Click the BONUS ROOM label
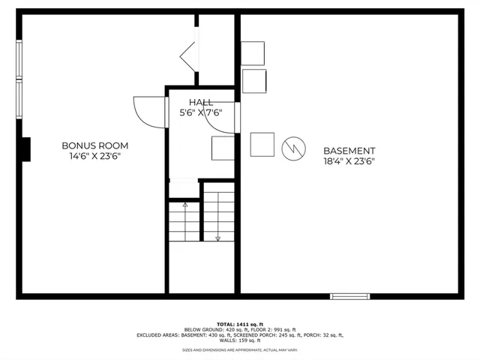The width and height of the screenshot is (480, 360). pyautogui.click(x=94, y=145)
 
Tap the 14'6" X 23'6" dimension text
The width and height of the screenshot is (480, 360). pyautogui.click(x=94, y=156)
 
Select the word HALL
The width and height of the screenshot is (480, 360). pyautogui.click(x=200, y=103)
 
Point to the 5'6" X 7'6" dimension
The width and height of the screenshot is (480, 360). pyautogui.click(x=200, y=113)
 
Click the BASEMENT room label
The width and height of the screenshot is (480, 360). pyautogui.click(x=349, y=150)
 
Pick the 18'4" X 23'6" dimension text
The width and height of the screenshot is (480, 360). pyautogui.click(x=349, y=160)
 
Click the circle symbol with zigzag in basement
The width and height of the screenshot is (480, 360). pyautogui.click(x=293, y=148)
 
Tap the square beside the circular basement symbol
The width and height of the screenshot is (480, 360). pyautogui.click(x=262, y=144)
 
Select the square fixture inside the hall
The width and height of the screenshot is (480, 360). pyautogui.click(x=222, y=149)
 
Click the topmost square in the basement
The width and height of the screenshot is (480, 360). pyautogui.click(x=253, y=53)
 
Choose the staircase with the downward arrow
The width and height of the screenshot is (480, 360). pyautogui.click(x=219, y=216)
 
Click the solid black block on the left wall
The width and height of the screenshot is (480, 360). pyautogui.click(x=26, y=150)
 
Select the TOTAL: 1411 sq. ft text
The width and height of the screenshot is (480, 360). pyautogui.click(x=240, y=323)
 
